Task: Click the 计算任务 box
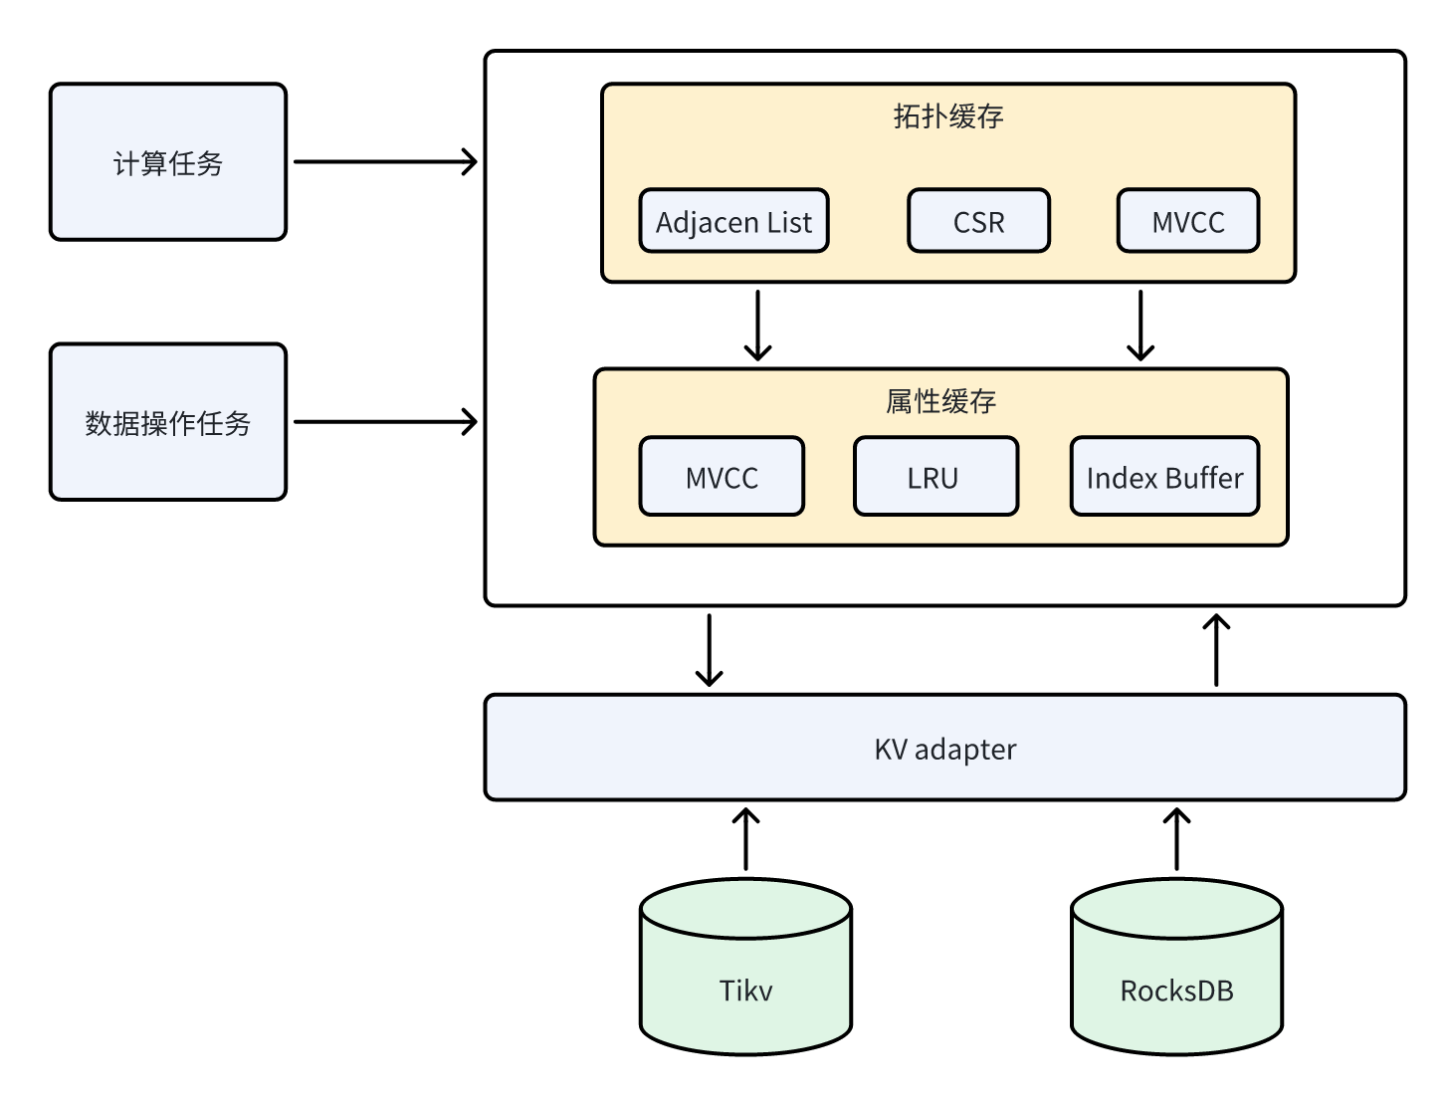coord(168,162)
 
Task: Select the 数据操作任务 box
coord(168,422)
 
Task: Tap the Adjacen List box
coord(733,221)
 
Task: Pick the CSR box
coord(978,221)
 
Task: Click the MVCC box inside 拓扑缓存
coord(1187,221)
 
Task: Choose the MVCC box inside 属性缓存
coord(722,477)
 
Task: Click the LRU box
coord(935,477)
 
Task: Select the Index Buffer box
coord(1164,477)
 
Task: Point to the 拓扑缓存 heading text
coord(947,116)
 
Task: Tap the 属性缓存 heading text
coord(940,401)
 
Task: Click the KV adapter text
coord(944,749)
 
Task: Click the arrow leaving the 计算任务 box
coord(385,161)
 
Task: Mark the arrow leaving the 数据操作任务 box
coord(385,422)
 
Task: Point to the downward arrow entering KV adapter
coord(709,650)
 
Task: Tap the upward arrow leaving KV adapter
coord(1216,650)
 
